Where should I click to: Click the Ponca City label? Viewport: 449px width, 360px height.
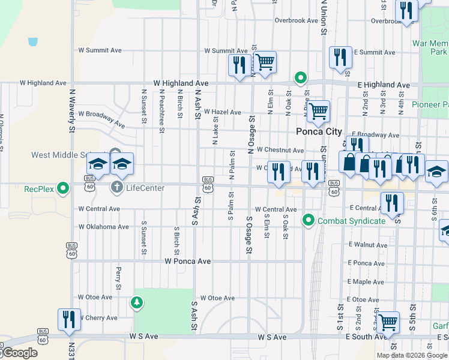coord(319,131)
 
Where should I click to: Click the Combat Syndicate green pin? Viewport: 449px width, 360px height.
coord(309,220)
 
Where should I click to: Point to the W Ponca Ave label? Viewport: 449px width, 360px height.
coord(188,262)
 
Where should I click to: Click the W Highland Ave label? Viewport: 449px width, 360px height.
coord(181,83)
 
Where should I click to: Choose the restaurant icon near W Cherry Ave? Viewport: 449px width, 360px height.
coord(68,319)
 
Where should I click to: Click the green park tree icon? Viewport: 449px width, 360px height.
coord(137,303)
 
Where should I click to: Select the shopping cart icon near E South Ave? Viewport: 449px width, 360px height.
coord(387,322)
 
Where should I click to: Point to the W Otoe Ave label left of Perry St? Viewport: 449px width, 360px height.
coord(95,297)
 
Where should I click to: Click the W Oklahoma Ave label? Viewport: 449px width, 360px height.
coord(103,227)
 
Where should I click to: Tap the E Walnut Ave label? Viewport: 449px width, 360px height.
coord(368,245)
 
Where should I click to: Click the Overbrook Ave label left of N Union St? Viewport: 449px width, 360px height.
coord(296,20)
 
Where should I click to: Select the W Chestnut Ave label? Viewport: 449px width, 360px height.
coord(280,149)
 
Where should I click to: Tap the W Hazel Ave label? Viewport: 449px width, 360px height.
coord(222,112)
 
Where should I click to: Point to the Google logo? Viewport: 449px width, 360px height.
coord(19,353)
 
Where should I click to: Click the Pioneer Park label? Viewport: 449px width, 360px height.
coord(430,104)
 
